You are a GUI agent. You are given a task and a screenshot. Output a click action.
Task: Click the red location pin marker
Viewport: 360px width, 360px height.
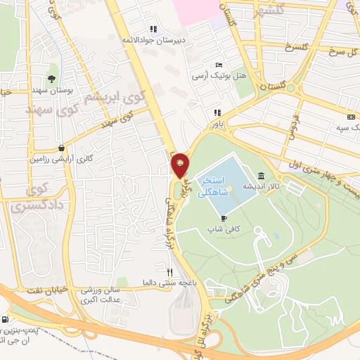[181, 165]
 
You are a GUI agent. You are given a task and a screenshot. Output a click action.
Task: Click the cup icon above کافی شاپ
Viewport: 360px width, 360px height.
[224, 219]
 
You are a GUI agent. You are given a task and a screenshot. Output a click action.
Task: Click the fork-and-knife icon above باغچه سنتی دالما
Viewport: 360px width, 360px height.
[169, 271]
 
